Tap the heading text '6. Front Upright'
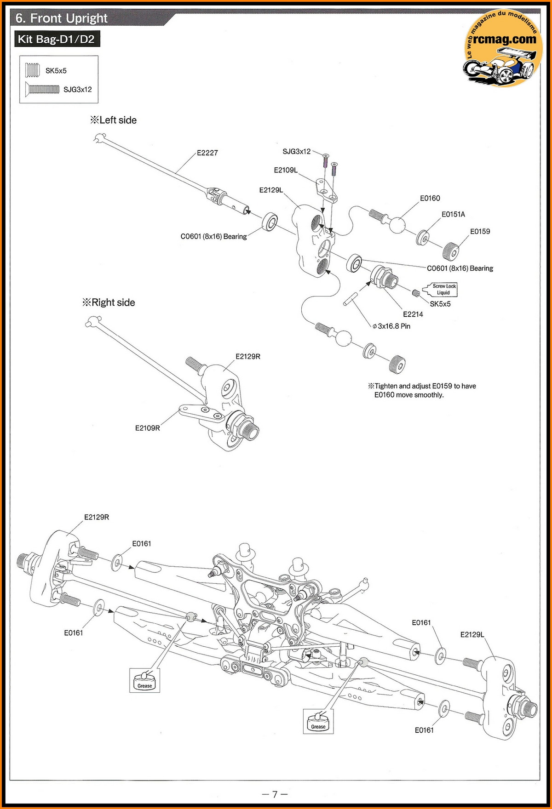[x=61, y=18]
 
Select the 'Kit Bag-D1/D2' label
[x=56, y=40]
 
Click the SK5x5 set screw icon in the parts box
[x=33, y=70]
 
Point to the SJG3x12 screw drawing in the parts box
[x=42, y=89]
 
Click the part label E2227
[x=207, y=153]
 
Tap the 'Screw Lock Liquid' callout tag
[x=443, y=289]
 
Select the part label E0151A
[x=453, y=215]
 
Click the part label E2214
[x=413, y=314]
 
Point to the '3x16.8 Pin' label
[x=391, y=326]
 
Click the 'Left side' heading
[x=114, y=120]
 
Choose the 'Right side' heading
[x=109, y=302]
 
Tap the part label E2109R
[x=147, y=428]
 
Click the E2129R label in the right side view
[x=247, y=357]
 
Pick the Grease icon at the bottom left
[x=144, y=680]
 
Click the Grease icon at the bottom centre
[x=318, y=721]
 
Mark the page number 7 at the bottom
[x=275, y=794]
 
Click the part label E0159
[x=480, y=232]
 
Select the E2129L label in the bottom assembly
[x=472, y=635]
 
